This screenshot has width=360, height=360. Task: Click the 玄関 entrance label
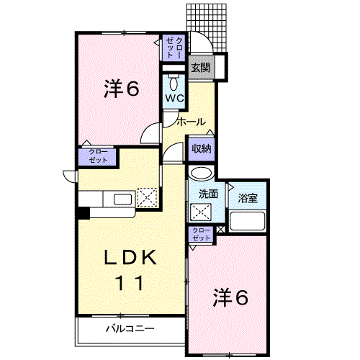coord(201,68)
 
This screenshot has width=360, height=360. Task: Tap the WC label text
coord(174,98)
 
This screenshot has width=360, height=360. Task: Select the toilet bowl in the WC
coord(174,84)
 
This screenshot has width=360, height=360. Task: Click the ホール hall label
coord(192,122)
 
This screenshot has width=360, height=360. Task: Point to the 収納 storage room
coord(201,149)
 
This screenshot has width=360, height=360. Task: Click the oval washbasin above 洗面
coord(202,173)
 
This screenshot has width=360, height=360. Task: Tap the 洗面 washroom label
coord(208,194)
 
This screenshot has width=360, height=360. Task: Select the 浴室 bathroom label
coord(248,198)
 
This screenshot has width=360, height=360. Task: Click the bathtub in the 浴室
coord(248,221)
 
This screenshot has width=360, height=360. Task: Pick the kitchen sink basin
coord(122,199)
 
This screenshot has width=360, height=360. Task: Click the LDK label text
coord(130,257)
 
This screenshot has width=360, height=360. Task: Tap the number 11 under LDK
coord(130,283)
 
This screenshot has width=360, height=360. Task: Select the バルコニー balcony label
coord(130,328)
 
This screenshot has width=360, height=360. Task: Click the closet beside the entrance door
coord(174,48)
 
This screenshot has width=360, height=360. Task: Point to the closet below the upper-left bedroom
coord(97,157)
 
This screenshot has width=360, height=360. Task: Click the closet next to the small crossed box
coord(201,235)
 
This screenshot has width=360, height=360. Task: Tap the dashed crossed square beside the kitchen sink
coord(147,197)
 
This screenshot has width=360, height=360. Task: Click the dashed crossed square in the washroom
coord(201,212)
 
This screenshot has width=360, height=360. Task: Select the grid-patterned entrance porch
coord(207,27)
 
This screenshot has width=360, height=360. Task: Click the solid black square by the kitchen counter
coord(84,213)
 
